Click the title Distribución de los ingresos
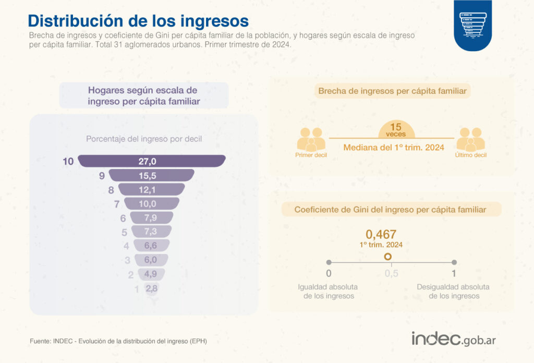pyautogui.click(x=138, y=21)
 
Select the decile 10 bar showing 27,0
pyautogui.click(x=152, y=161)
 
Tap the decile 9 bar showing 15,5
pyautogui.click(x=151, y=175)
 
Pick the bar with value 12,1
pyautogui.click(x=151, y=189)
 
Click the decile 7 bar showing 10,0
pyautogui.click(x=151, y=203)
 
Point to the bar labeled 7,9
pyautogui.click(x=151, y=217)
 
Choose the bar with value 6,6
pyautogui.click(x=151, y=246)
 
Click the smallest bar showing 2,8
pyautogui.click(x=151, y=288)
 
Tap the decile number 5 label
pyautogui.click(x=124, y=232)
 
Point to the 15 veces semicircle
pyautogui.click(x=396, y=128)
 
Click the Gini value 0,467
pyautogui.click(x=381, y=234)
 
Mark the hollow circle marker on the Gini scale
pyautogui.click(x=387, y=257)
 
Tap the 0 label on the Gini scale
pyautogui.click(x=329, y=273)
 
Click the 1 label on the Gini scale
pyautogui.click(x=454, y=273)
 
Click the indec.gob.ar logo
pyautogui.click(x=454, y=338)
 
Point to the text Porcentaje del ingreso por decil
pyautogui.click(x=144, y=139)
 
